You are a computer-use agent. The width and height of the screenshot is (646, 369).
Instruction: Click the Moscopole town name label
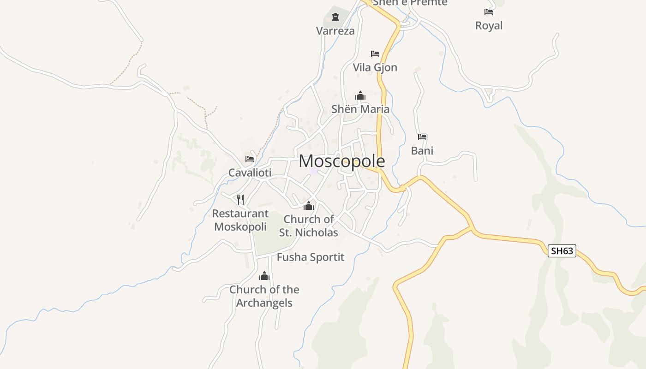[341, 161]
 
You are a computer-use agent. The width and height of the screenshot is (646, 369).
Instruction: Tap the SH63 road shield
[562, 251]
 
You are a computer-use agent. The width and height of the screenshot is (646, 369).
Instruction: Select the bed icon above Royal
[489, 12]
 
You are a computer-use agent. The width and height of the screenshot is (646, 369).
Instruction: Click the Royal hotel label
[489, 26]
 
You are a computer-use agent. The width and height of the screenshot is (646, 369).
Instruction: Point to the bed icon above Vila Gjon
[375, 54]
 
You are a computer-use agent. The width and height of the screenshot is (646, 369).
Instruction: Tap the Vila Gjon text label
[375, 67]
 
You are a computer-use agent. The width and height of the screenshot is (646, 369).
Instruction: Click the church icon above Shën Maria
[360, 95]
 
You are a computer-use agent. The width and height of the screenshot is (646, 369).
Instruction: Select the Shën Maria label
[360, 109]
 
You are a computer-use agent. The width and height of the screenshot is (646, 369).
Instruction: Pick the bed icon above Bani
[422, 137]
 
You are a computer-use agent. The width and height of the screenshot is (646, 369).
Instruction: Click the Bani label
[422, 151]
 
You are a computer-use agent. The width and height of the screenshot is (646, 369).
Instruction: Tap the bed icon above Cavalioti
[250, 159]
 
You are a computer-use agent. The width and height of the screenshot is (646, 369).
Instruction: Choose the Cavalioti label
[250, 173]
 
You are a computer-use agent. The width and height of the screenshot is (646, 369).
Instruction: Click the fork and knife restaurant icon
[240, 199]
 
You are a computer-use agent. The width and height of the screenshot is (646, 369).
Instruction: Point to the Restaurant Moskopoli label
[240, 220]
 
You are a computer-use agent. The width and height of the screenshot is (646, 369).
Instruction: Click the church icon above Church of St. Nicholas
[309, 206]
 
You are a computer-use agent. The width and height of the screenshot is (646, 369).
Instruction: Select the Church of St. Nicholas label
[309, 226]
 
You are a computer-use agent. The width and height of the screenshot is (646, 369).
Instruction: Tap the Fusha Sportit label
[311, 257]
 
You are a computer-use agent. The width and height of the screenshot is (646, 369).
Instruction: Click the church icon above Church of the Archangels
[264, 276]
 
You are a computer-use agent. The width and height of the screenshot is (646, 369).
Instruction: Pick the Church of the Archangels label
[264, 296]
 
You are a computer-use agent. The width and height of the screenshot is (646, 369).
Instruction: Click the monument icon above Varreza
[335, 18]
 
